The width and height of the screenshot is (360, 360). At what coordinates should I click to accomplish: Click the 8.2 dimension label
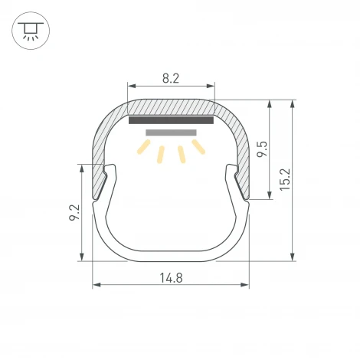(172, 77)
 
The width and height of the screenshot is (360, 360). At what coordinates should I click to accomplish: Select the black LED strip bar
(171, 120)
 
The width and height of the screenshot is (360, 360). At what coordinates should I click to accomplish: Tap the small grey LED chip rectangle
(171, 133)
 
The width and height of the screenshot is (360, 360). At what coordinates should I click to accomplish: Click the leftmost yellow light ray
(143, 147)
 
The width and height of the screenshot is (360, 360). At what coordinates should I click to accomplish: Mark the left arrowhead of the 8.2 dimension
(130, 86)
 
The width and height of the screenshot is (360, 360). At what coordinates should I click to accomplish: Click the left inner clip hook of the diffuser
(110, 175)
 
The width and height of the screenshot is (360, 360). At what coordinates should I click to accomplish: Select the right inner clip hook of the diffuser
(231, 175)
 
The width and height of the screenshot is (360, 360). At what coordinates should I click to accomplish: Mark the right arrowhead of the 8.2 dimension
(211, 86)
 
